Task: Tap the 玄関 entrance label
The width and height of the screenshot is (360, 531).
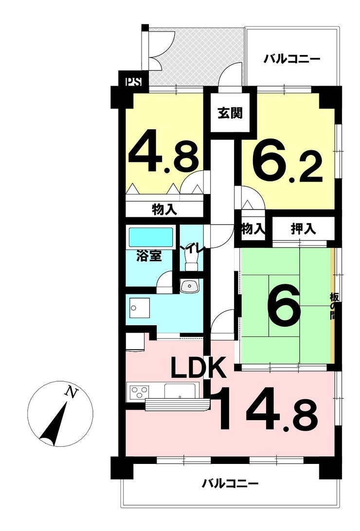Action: click(x=230, y=112)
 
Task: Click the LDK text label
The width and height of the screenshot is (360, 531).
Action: click(x=198, y=368)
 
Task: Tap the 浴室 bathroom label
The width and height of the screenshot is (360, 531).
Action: click(x=149, y=255)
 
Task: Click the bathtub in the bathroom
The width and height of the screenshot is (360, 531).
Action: click(x=151, y=236)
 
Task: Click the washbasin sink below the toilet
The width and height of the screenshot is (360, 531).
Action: click(x=190, y=286)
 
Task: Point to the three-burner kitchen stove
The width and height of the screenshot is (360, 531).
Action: click(x=140, y=392)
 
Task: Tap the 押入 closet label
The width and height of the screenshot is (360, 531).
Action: click(x=304, y=229)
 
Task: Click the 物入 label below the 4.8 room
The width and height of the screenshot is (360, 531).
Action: click(x=164, y=210)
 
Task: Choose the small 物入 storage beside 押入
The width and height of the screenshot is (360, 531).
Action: click(x=253, y=229)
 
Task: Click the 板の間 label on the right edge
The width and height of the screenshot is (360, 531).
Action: click(x=333, y=306)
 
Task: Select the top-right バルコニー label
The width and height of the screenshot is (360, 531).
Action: click(x=292, y=60)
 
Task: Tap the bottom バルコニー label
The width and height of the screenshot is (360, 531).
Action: click(x=230, y=483)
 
